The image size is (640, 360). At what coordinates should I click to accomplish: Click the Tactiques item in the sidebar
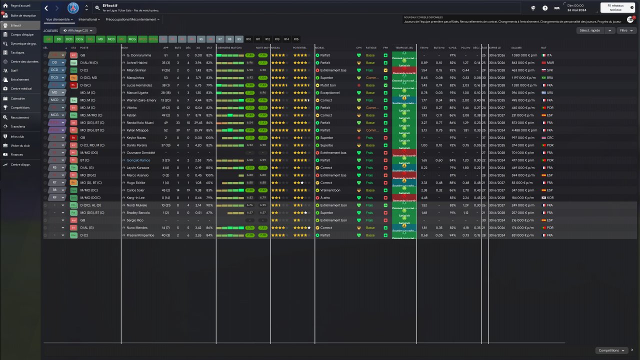[x=17, y=52]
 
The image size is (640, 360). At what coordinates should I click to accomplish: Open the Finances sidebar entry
[x=16, y=155]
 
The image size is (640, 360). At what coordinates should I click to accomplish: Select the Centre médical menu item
[x=21, y=88]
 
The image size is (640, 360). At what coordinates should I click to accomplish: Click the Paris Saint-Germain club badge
[x=73, y=8]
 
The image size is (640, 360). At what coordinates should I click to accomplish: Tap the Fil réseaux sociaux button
[x=615, y=8]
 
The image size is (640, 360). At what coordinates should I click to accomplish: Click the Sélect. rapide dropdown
[x=595, y=30]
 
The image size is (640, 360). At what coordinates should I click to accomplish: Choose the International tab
[x=89, y=19]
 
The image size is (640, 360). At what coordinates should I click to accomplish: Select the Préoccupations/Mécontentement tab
[x=132, y=19]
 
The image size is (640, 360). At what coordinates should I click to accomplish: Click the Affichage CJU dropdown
[x=77, y=30]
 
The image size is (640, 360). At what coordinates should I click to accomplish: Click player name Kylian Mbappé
[x=137, y=130]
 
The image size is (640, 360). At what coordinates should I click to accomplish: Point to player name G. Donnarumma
[x=138, y=55]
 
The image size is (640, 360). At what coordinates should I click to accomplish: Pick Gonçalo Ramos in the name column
[x=137, y=160]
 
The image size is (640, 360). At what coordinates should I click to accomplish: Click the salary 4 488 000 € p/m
[x=523, y=130]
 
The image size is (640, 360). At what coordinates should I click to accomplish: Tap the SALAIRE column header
[x=516, y=48]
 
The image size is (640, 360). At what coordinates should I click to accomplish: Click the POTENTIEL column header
[x=300, y=48]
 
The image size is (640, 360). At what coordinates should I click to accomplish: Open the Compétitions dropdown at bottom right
[x=611, y=350]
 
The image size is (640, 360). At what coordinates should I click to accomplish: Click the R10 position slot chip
[x=248, y=39]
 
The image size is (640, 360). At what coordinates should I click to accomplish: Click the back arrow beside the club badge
[x=46, y=8]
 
